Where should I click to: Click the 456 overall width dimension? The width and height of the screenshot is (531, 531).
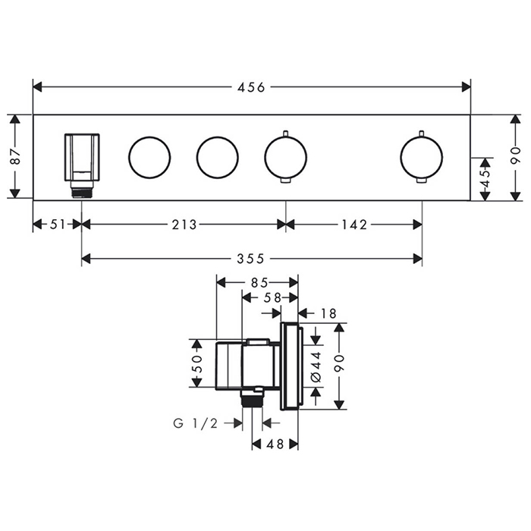[x=251, y=88]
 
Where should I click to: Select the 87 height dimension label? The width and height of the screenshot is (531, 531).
[x=16, y=156]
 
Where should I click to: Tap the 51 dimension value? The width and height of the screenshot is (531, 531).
[x=57, y=225]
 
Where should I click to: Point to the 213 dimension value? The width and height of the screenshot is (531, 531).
[x=184, y=225]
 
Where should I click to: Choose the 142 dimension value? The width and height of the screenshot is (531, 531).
[x=354, y=225]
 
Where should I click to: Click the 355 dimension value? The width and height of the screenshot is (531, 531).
[x=250, y=259]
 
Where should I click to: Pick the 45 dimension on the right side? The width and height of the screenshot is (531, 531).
[x=485, y=178]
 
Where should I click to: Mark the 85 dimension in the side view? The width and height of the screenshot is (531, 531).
[x=259, y=282]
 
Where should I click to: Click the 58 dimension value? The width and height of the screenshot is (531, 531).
[x=273, y=297]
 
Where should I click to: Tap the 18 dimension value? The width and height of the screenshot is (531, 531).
[x=328, y=313]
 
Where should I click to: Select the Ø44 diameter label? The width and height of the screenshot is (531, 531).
[x=316, y=367]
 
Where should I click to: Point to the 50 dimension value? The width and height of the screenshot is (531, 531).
[x=196, y=363]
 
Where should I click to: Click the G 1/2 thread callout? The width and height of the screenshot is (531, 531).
[x=196, y=423]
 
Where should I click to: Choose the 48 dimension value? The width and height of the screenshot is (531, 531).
[x=275, y=444]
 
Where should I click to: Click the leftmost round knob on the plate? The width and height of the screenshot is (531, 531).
[x=149, y=158]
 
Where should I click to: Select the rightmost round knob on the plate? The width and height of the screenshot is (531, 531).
[x=421, y=158]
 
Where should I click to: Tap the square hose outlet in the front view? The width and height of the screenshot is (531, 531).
[x=82, y=157]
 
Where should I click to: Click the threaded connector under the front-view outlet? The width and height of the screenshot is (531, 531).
[x=82, y=190]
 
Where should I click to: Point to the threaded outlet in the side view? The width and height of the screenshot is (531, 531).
[x=253, y=397]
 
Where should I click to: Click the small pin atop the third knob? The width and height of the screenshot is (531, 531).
[x=286, y=134]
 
